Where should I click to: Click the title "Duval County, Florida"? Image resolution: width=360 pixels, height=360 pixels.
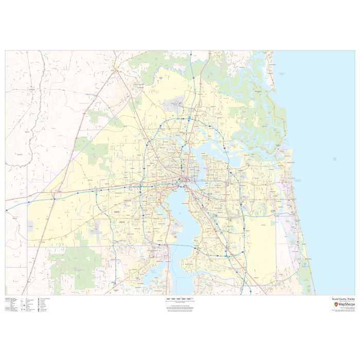[343, 299]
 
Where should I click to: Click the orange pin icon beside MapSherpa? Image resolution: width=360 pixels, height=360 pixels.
[336, 304]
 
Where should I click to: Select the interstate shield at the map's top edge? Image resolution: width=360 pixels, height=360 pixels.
[190, 53]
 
